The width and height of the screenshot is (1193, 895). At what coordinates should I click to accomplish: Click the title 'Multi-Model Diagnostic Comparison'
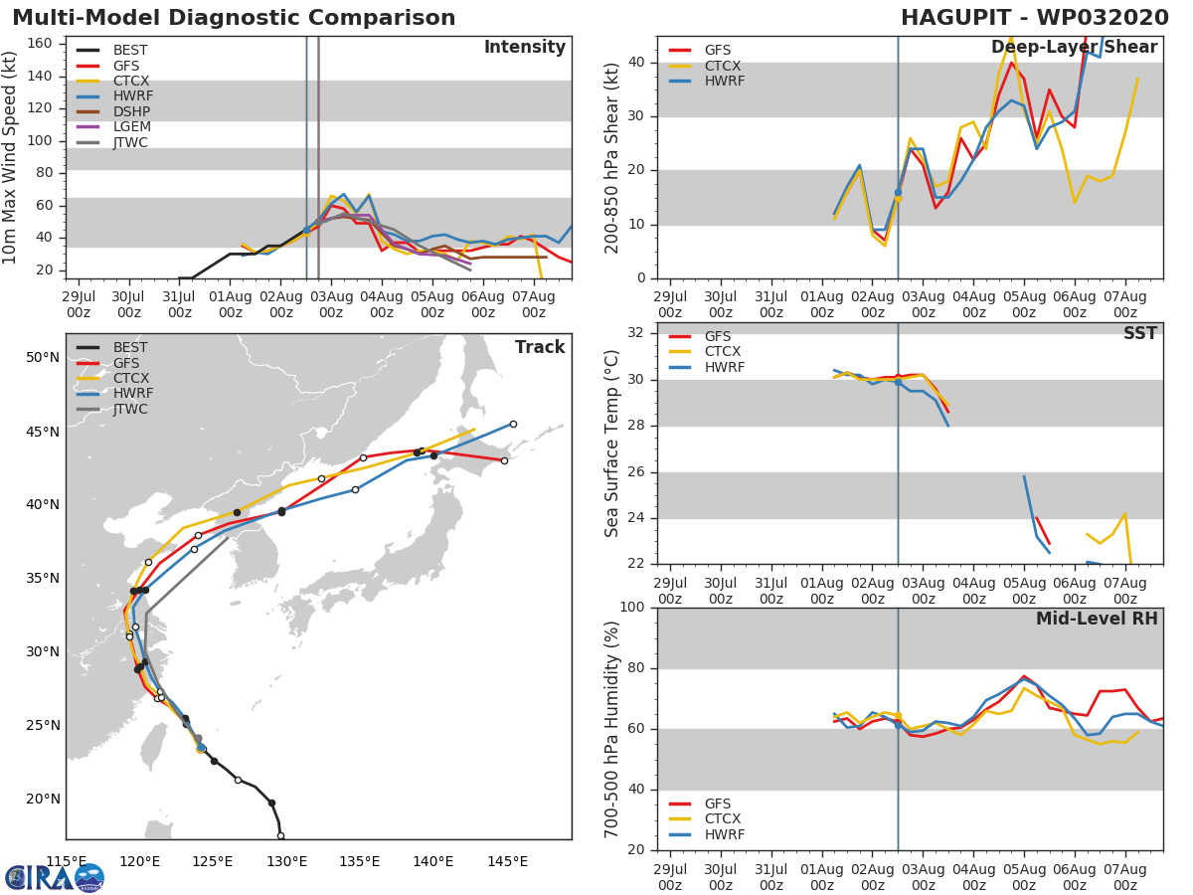click(x=234, y=18)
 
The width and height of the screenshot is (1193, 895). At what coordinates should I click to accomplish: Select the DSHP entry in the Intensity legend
click(x=131, y=111)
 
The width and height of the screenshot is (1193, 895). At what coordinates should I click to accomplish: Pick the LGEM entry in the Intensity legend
click(x=131, y=127)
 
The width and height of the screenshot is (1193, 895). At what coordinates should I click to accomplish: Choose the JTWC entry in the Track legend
click(x=131, y=409)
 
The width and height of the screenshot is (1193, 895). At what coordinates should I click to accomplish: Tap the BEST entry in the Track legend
click(x=131, y=347)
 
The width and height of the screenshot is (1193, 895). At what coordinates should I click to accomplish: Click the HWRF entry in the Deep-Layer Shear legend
click(x=724, y=81)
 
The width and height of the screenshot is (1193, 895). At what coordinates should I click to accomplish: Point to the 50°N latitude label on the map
click(x=42, y=357)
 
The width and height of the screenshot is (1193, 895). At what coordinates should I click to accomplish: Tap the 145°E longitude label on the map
click(x=507, y=861)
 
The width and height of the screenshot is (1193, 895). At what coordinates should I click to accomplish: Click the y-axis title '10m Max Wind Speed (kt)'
click(x=11, y=157)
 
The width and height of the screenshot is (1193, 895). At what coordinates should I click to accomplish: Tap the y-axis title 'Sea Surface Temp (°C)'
click(x=613, y=444)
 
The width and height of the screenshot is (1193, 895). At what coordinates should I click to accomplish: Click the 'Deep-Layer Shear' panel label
click(x=1074, y=48)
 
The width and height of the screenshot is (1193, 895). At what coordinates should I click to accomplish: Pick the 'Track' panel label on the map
click(x=540, y=347)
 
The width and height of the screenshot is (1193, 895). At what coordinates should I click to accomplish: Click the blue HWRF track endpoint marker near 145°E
click(x=513, y=424)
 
